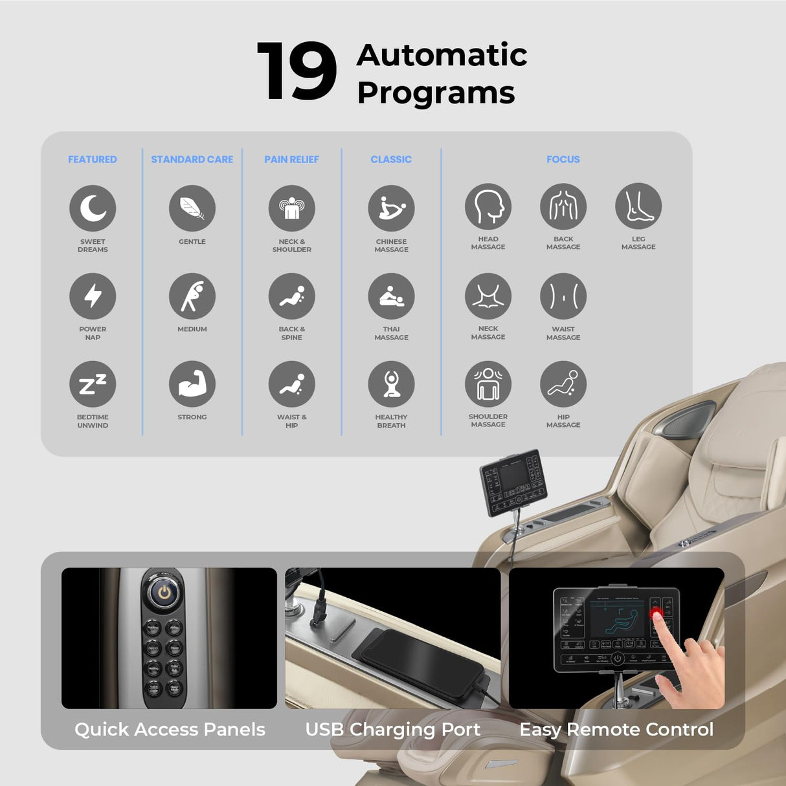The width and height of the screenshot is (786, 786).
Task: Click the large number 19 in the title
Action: [297, 71]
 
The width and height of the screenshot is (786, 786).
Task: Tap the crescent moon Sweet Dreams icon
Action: [93, 208]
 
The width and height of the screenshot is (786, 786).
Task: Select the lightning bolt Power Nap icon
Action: [93, 296]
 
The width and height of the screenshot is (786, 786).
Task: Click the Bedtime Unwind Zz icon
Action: [93, 384]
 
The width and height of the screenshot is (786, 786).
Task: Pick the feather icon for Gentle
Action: [192, 208]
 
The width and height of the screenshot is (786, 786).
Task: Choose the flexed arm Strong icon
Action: [192, 384]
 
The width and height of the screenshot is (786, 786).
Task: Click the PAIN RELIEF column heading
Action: [291, 159]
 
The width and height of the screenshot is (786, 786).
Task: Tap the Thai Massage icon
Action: [391, 296]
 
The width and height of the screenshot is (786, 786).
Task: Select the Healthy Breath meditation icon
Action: [391, 384]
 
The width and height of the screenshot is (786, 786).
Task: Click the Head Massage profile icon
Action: [488, 206]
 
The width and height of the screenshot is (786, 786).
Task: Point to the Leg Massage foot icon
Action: [638, 206]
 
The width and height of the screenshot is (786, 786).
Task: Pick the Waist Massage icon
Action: [563, 296]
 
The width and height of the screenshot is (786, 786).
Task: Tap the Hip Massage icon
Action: [563, 384]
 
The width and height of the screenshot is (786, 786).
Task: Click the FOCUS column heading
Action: [563, 159]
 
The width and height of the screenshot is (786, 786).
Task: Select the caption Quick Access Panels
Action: [170, 730]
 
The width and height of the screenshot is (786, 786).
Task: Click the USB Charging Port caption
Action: [392, 730]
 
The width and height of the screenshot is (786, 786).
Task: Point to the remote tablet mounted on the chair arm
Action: [513, 481]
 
